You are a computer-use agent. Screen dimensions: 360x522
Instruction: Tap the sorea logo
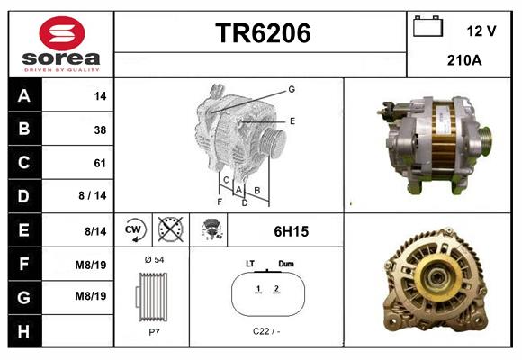pos(61,44)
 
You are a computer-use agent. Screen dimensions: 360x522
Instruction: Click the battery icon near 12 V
pos(427,28)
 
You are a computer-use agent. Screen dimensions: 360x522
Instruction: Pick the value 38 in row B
pos(100,130)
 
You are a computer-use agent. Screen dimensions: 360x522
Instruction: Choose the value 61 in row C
pos(100,163)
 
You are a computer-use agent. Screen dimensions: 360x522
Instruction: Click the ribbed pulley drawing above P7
pos(151,297)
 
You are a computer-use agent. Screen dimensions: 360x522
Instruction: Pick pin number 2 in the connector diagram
pos(276,289)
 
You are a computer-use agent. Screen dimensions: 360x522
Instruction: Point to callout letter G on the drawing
pos(292,89)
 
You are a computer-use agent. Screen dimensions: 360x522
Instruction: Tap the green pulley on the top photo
pos(484,141)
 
